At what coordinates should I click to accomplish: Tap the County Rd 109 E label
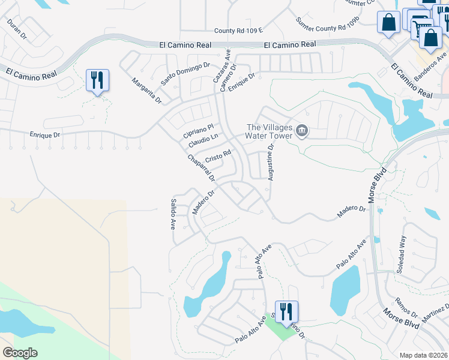[239, 31]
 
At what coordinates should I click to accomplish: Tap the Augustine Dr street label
[271, 162]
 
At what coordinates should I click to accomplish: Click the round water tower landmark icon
[303, 130]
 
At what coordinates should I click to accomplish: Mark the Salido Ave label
[173, 215]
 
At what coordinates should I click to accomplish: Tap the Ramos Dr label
[406, 308]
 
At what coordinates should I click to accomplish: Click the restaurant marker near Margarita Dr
[97, 80]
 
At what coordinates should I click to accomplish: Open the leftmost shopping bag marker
[388, 22]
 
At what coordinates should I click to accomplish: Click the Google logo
[20, 353]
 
